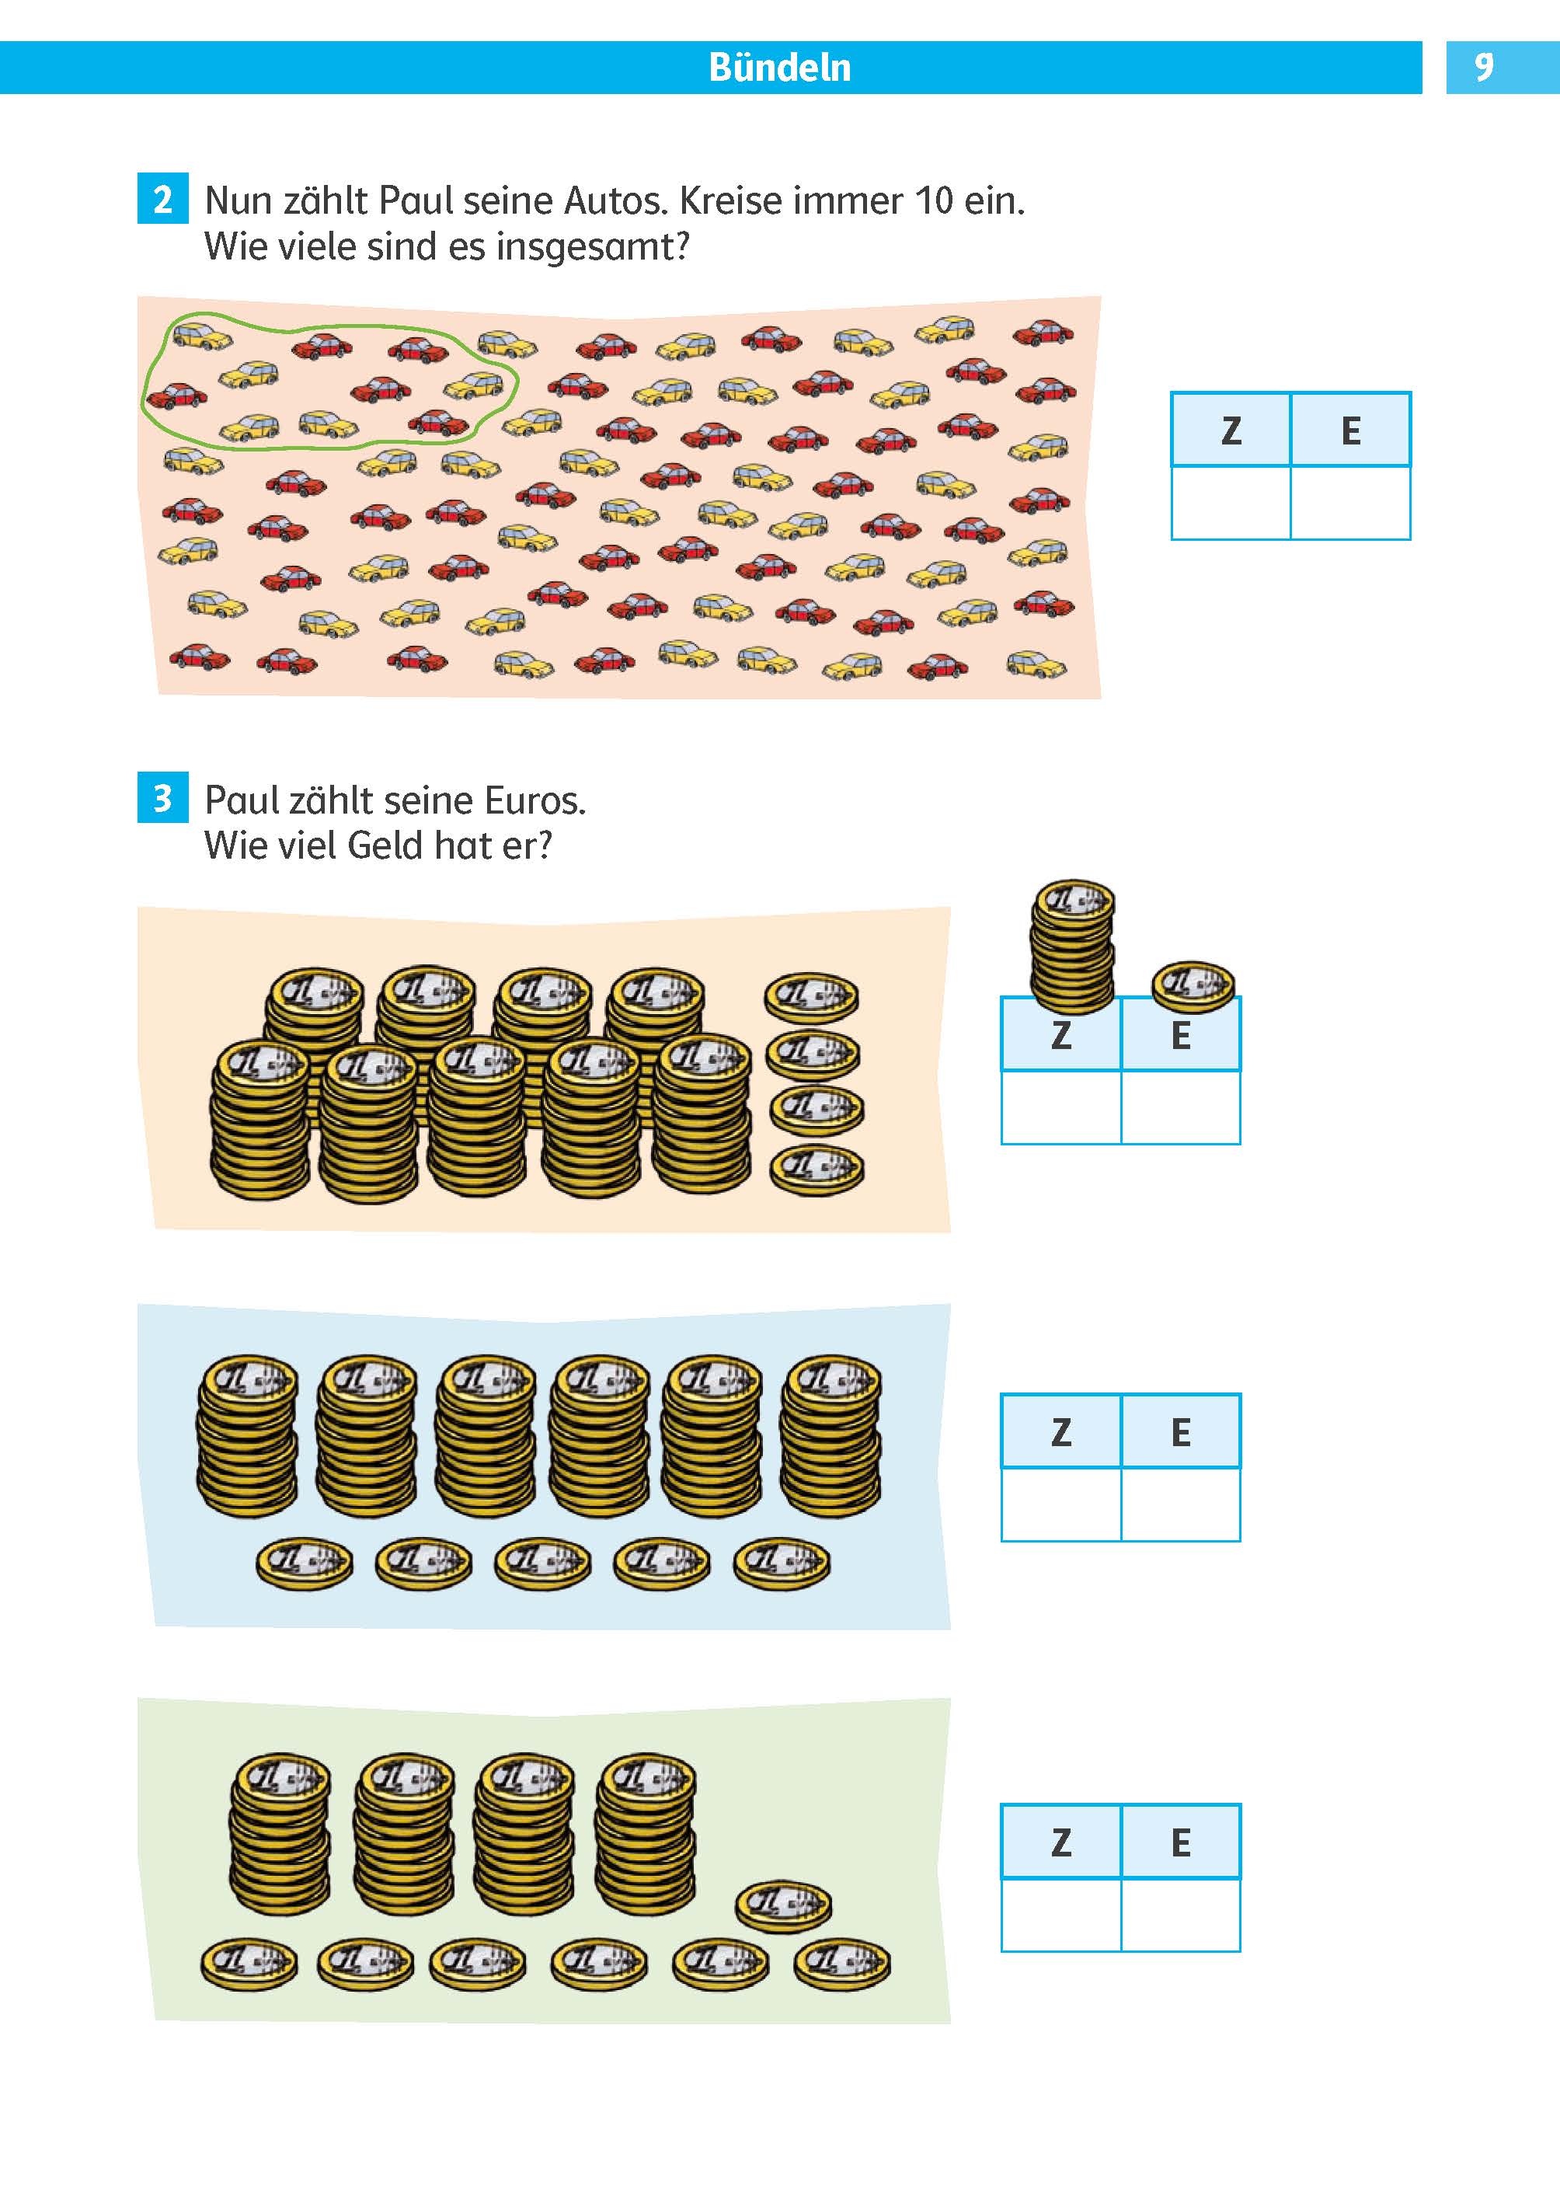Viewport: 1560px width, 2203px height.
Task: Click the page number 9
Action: (1484, 68)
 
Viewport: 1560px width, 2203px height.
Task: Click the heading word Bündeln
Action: (779, 68)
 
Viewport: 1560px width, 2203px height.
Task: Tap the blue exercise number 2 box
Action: (162, 199)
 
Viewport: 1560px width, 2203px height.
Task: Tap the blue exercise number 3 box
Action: (162, 797)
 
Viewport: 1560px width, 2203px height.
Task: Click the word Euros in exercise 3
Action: (534, 800)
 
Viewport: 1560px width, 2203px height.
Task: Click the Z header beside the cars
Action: (1231, 430)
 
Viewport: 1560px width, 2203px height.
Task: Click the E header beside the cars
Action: (1350, 430)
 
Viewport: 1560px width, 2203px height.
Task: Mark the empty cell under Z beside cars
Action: (1231, 504)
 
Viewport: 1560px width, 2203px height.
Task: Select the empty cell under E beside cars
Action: (1350, 504)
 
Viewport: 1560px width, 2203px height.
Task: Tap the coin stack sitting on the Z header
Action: (1072, 946)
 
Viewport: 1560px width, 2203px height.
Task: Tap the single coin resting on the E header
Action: (1193, 985)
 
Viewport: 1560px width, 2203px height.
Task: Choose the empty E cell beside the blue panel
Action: (1181, 1504)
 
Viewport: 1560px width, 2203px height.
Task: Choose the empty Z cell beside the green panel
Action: (1060, 1915)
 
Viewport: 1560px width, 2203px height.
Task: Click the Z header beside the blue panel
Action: (1060, 1432)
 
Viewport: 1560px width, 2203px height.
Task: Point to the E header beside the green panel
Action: (1181, 1842)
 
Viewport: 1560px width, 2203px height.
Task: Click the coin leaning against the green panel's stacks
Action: (784, 1905)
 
